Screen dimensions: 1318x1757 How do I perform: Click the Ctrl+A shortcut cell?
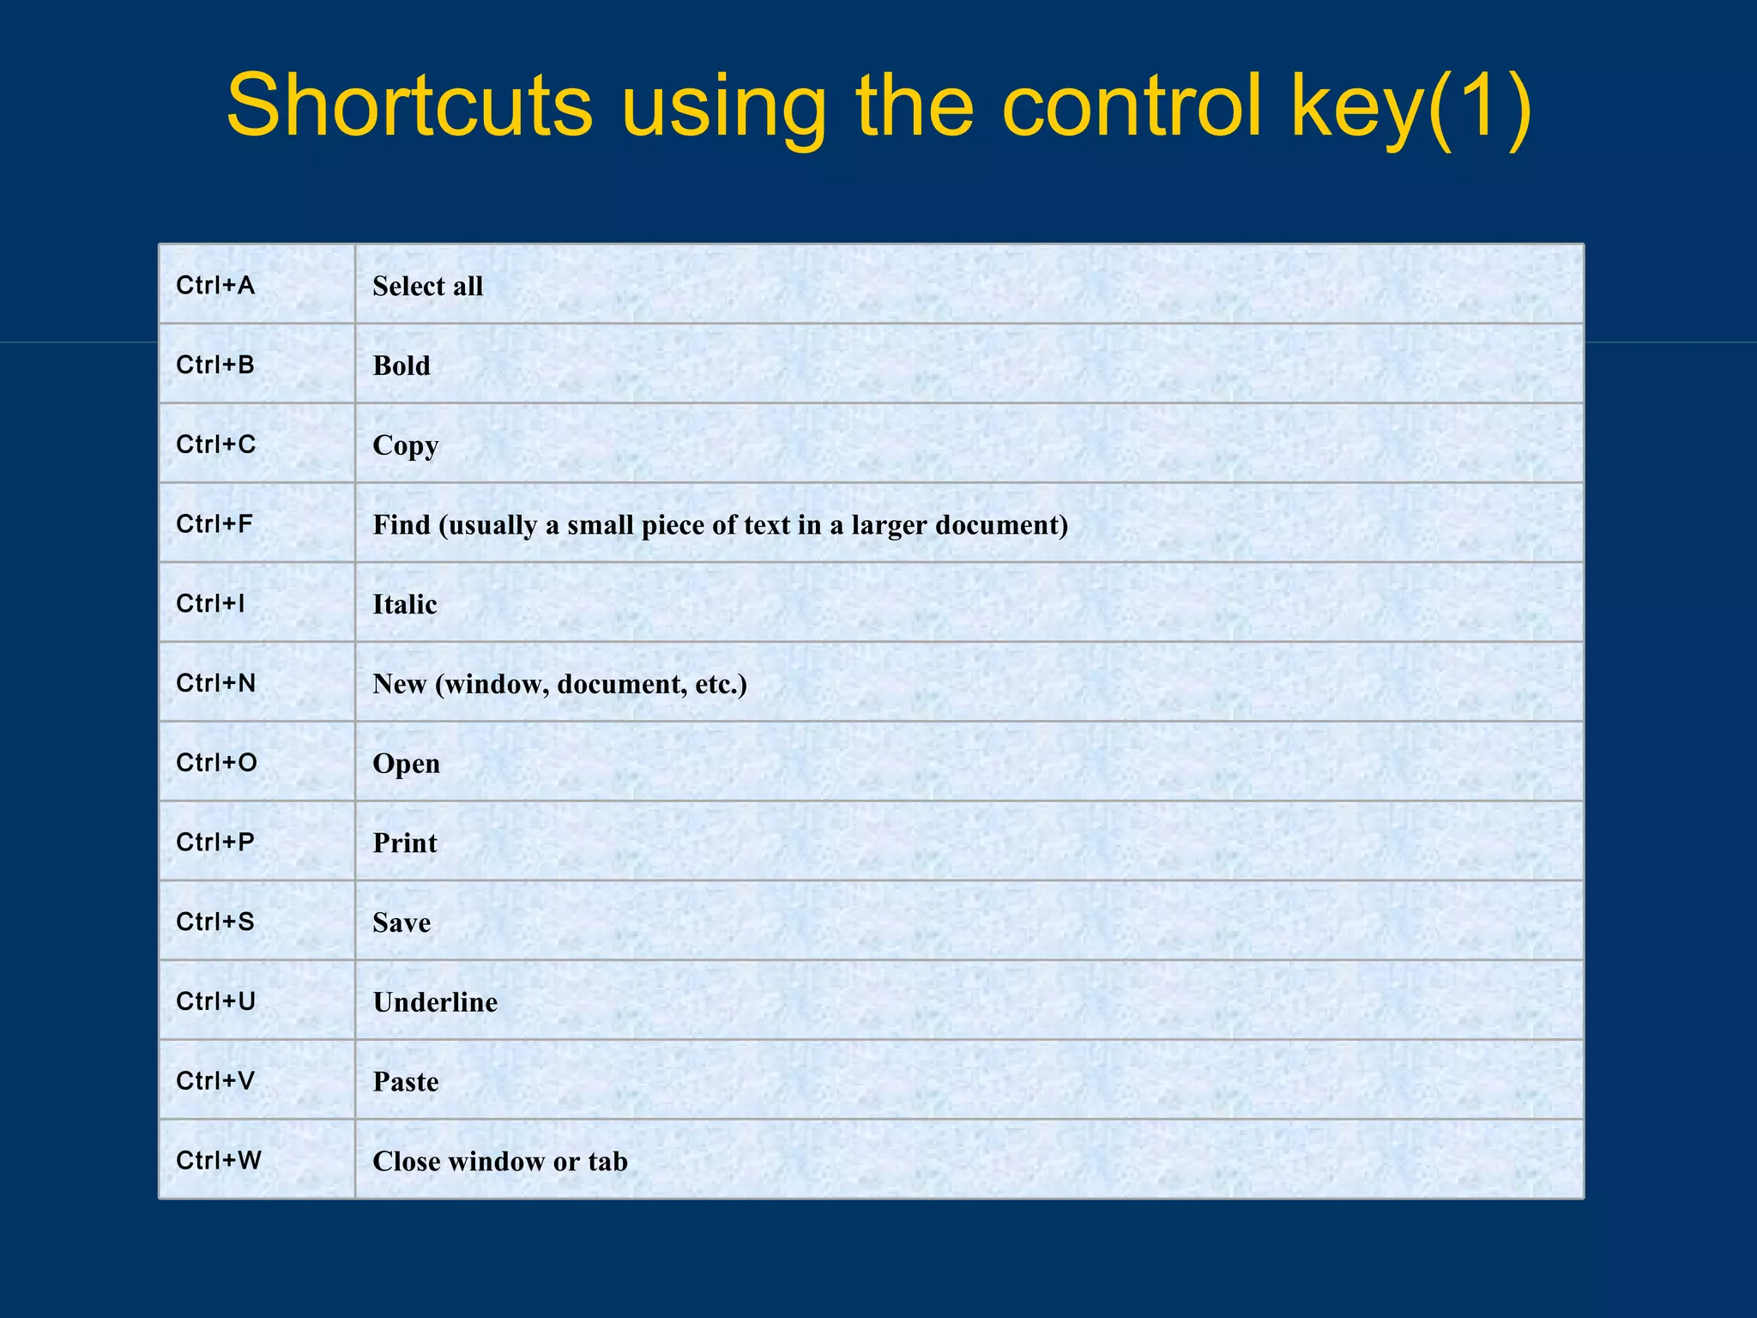click(215, 285)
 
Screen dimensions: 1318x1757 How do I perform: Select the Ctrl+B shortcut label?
click(215, 365)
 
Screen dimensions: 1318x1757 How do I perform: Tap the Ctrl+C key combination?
click(215, 444)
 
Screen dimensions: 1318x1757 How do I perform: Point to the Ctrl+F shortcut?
click(214, 523)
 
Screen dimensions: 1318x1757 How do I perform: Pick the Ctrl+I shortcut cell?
click(210, 603)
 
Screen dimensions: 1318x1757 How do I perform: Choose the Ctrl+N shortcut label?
click(215, 683)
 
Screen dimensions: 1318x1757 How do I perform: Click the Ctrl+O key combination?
click(216, 762)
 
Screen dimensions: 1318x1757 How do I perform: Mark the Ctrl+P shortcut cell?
click(215, 842)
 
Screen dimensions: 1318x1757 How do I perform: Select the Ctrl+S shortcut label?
click(215, 922)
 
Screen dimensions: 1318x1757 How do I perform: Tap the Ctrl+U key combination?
click(215, 1001)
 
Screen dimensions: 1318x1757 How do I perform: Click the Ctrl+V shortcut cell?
click(215, 1080)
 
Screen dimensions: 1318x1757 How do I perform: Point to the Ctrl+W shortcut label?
click(218, 1160)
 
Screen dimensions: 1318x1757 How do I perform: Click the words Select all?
click(427, 286)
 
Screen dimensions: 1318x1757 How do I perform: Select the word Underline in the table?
click(435, 1002)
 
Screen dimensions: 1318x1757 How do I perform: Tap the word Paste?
click(405, 1082)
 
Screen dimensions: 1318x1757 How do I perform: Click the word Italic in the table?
click(404, 604)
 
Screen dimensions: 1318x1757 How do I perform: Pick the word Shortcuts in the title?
click(409, 106)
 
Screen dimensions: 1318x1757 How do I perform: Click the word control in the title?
click(1132, 106)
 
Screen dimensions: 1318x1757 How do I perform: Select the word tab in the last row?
click(607, 1161)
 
